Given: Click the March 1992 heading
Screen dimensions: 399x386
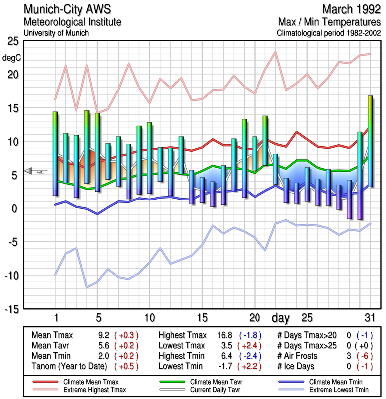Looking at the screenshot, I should (x=351, y=9).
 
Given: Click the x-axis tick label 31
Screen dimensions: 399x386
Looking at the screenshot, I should (x=369, y=318).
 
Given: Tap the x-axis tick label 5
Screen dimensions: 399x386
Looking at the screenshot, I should (x=98, y=318).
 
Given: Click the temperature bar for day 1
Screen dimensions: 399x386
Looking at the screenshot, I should (x=55, y=153).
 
